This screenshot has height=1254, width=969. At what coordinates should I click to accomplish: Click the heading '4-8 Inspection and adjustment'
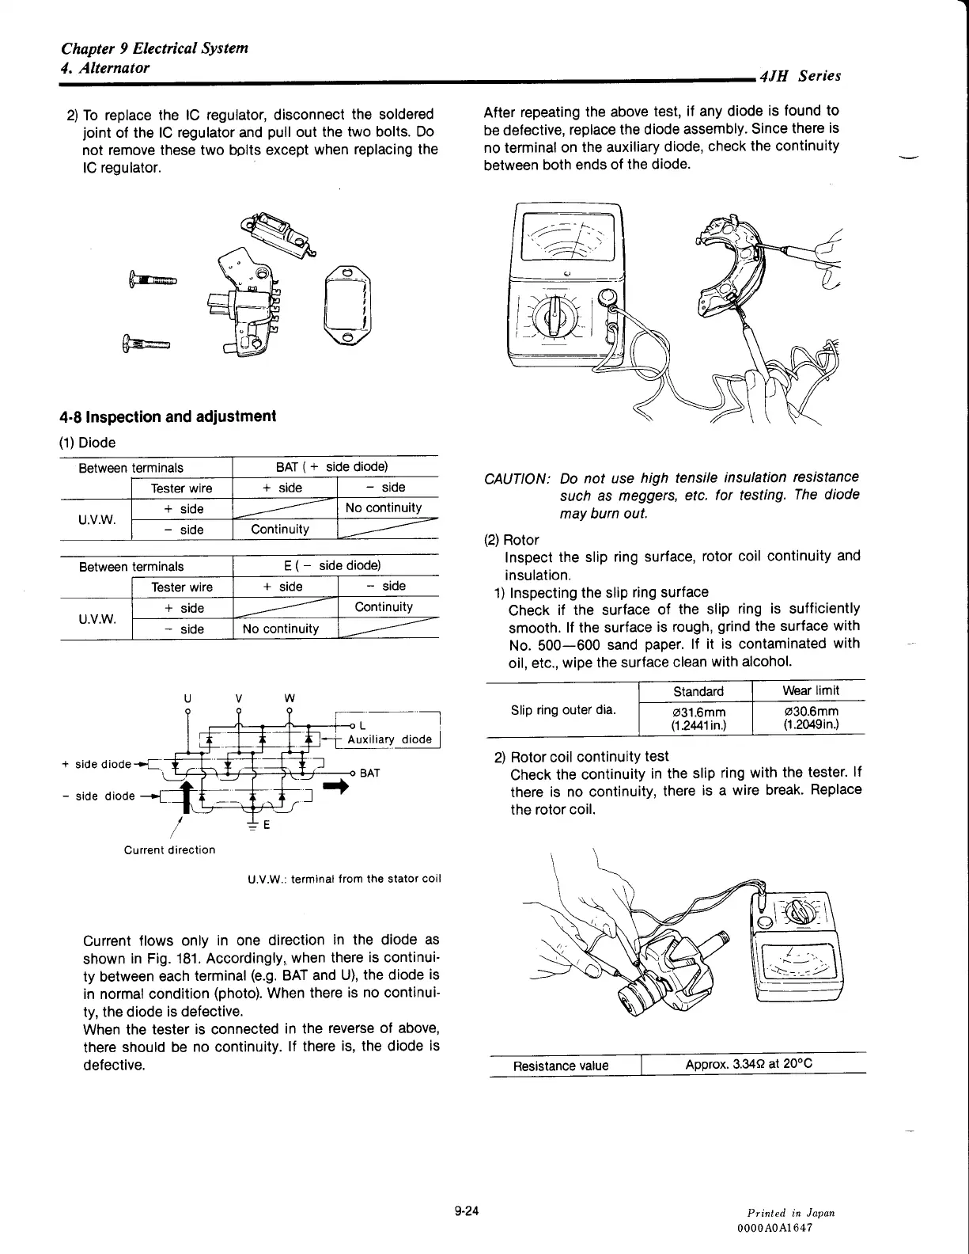(x=168, y=416)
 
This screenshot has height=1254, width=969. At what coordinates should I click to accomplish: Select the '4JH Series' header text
(x=799, y=76)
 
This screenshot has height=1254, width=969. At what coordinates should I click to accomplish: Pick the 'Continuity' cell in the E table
(x=384, y=607)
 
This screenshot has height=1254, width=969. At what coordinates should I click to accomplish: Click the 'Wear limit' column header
(x=811, y=690)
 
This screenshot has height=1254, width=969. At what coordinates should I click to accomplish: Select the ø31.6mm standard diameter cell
(x=698, y=716)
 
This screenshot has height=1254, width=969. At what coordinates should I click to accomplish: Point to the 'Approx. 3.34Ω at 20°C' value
(x=748, y=1064)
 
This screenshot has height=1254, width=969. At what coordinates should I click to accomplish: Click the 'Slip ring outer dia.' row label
(x=562, y=709)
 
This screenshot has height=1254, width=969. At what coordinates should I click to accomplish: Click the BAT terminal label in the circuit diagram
(x=370, y=773)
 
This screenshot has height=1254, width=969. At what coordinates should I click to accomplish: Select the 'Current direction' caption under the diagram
(x=169, y=849)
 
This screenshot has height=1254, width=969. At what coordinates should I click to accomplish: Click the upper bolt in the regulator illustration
(x=152, y=279)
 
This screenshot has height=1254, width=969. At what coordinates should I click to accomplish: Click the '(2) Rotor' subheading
(x=511, y=540)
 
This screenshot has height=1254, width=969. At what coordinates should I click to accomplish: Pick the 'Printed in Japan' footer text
(x=791, y=1213)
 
